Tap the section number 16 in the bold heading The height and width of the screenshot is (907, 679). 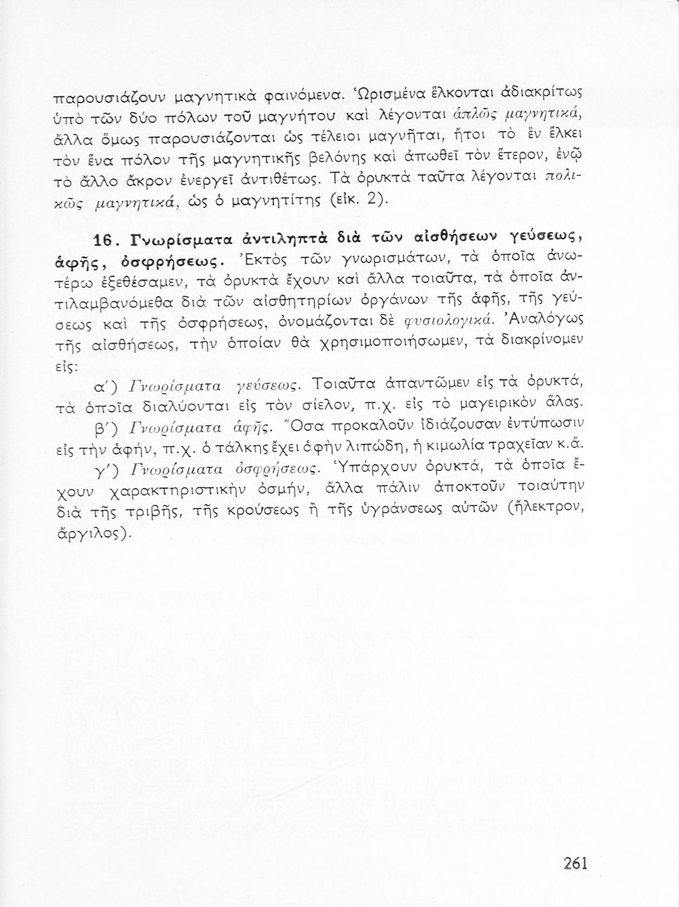click(99, 241)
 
